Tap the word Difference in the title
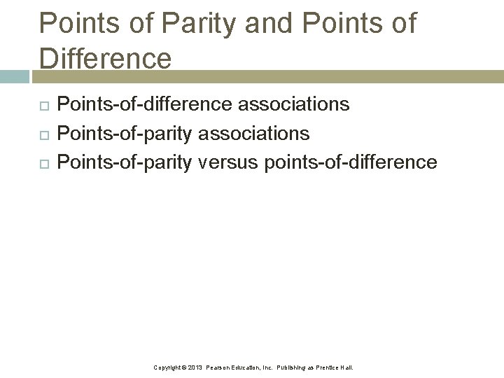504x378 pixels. [x=106, y=57]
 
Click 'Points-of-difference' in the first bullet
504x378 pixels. [x=144, y=104]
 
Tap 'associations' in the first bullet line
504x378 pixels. [x=294, y=104]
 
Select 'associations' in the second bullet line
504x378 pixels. [x=254, y=133]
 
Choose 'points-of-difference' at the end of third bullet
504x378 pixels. [x=351, y=162]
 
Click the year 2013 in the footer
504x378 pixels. [x=195, y=367]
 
